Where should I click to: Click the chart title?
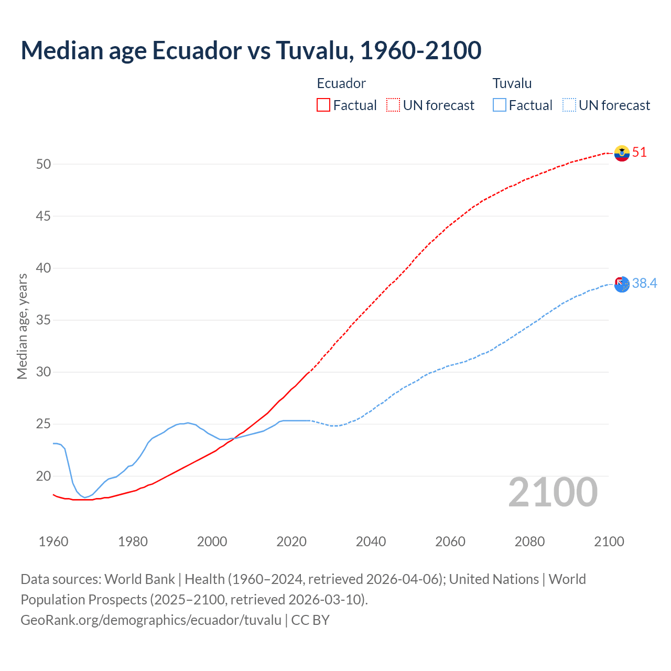coord(251,50)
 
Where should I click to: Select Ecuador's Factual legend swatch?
coord(323,105)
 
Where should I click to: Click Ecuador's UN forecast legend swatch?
coord(393,105)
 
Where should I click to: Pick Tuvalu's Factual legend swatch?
coord(500,105)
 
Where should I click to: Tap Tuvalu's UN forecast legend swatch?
coord(569,105)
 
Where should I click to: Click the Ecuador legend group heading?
coord(341,83)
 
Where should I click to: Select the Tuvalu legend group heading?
coord(512,83)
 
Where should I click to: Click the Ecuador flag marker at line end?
coord(622,153)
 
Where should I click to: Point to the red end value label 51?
coord(640,153)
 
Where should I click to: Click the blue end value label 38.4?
coord(644,284)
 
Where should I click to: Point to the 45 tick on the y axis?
coord(44,216)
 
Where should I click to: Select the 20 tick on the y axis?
coord(44,476)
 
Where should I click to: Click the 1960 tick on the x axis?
coord(53,542)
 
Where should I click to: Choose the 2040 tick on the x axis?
coord(371,542)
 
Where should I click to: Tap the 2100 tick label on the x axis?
coord(609,542)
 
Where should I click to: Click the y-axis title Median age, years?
coord(22,326)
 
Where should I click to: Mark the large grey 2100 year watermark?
coord(553,492)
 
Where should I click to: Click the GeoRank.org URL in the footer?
coord(151,620)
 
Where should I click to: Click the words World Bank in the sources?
coord(139,579)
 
